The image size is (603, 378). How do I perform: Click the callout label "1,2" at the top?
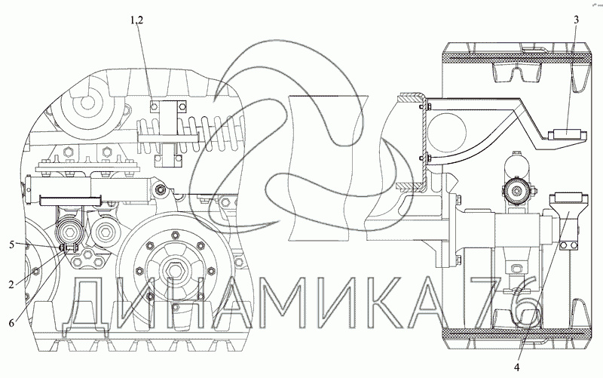click(x=136, y=20)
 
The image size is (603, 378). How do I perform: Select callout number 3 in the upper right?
click(x=576, y=20)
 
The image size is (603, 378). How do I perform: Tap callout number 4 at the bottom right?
click(x=516, y=367)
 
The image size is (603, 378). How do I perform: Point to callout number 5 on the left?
click(x=11, y=244)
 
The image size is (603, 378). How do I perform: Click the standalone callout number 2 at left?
click(x=11, y=284)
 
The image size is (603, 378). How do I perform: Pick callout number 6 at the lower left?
click(x=11, y=323)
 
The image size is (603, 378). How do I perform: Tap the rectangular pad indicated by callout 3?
click(x=568, y=134)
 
